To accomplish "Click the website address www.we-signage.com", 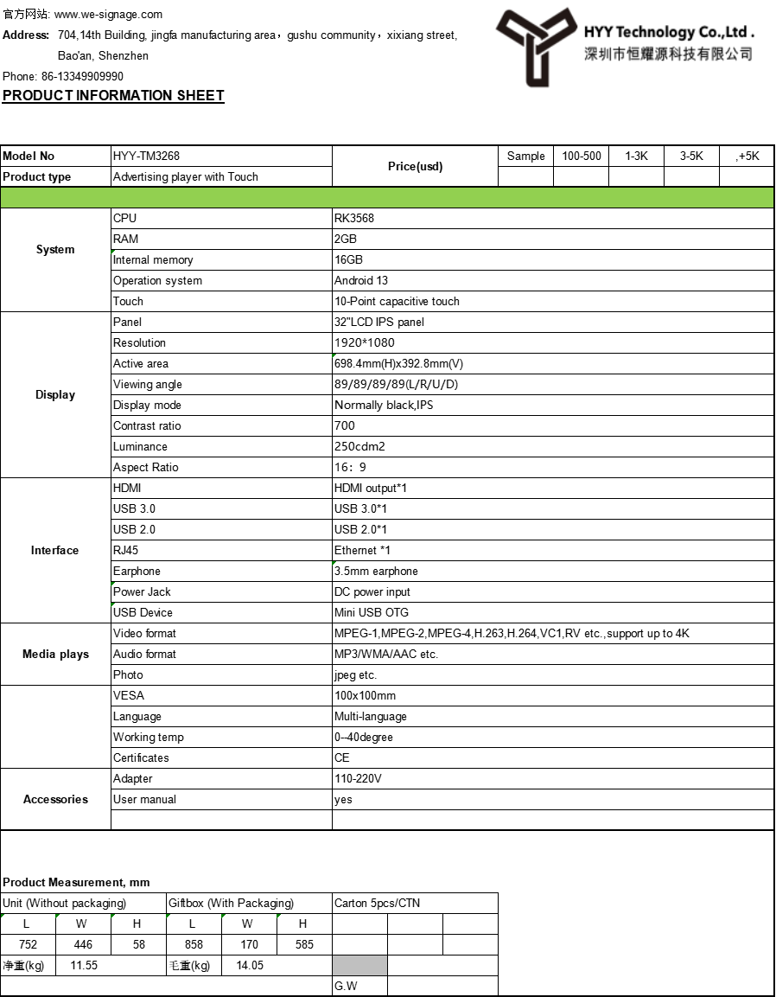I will (x=108, y=15).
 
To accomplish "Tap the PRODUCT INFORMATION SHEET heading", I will (x=113, y=96).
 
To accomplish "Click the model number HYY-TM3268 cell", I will (x=146, y=157).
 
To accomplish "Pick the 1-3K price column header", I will (x=636, y=157).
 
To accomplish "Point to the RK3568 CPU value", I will (x=354, y=219).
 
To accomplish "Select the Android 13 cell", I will (x=361, y=281).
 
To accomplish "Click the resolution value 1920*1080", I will (x=364, y=343).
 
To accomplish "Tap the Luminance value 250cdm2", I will (x=359, y=447).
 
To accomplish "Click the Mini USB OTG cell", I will (x=372, y=613).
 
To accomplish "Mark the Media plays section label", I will (x=55, y=655).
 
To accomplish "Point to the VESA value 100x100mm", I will (x=365, y=696).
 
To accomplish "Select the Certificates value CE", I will (x=342, y=758).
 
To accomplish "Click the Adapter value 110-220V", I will (x=358, y=779).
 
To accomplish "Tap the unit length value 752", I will (x=28, y=945).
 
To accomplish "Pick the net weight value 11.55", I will (x=84, y=966).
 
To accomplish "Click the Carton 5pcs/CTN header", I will (x=377, y=904).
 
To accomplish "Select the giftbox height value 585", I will (x=304, y=945).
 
